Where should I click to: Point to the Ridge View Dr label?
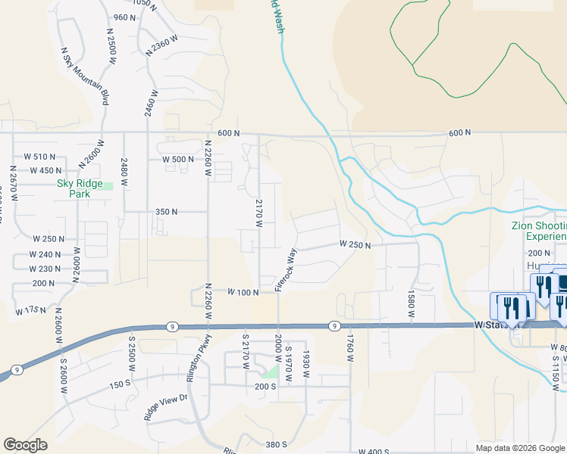click(x=165, y=408)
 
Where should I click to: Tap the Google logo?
click(x=25, y=445)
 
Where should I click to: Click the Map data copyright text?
click(x=520, y=447)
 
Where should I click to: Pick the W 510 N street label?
click(x=42, y=157)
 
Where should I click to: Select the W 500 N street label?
click(x=178, y=160)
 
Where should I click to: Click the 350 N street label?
click(x=166, y=213)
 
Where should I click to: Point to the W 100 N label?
click(x=243, y=292)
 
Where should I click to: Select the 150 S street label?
click(x=120, y=385)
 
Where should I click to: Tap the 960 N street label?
click(x=124, y=17)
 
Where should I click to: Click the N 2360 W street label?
click(x=164, y=48)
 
